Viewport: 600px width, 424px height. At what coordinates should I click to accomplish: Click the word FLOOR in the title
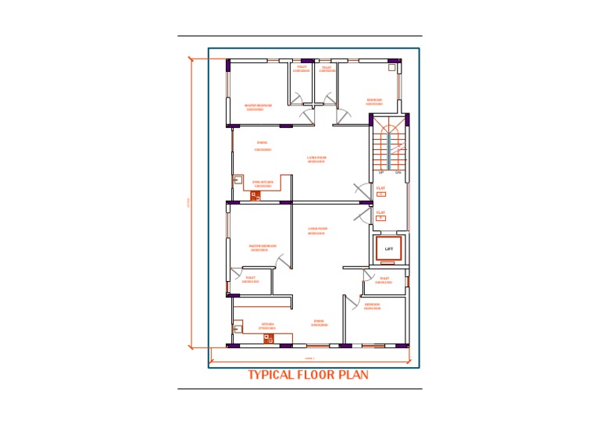(x=316, y=375)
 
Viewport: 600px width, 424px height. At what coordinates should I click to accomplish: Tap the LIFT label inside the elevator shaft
(x=388, y=249)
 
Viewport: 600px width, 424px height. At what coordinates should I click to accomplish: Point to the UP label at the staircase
(x=381, y=172)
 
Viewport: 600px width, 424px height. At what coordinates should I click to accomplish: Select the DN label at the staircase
(x=398, y=172)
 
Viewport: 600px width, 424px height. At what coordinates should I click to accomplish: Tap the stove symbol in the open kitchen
(x=255, y=195)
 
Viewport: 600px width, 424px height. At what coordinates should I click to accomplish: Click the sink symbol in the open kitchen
(x=237, y=180)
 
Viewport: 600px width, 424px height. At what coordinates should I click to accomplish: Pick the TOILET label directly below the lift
(x=384, y=279)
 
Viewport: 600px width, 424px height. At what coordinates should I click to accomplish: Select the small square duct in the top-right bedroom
(x=391, y=68)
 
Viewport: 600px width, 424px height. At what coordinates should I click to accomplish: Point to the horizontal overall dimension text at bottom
(x=309, y=358)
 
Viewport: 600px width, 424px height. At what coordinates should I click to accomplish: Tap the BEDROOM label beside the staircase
(x=374, y=101)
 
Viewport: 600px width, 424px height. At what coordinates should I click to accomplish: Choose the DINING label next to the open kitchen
(x=262, y=144)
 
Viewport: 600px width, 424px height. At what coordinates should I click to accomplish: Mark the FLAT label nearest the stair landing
(x=380, y=190)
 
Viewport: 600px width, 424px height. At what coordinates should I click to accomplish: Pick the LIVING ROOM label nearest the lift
(x=317, y=230)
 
